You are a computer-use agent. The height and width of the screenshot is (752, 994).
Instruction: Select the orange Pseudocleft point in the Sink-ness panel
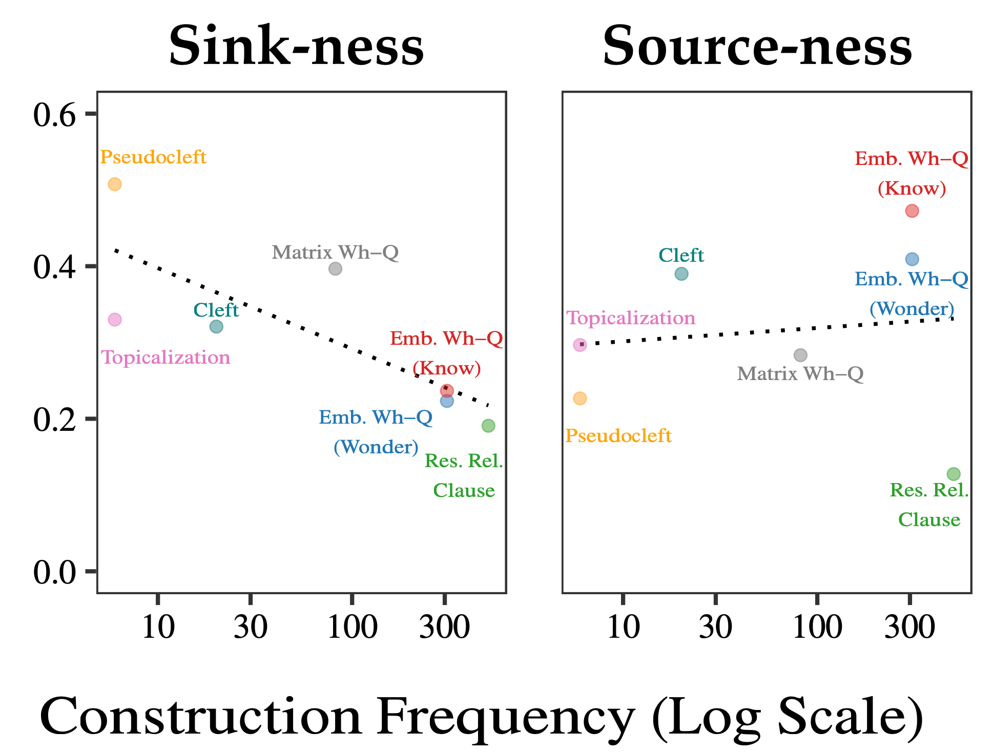point(115,184)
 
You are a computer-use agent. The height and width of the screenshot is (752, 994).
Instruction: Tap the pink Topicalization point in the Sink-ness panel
point(115,320)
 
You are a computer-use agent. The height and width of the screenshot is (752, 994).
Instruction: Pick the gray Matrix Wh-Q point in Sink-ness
point(335,269)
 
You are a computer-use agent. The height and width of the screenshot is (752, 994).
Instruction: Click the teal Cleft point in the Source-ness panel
point(681,274)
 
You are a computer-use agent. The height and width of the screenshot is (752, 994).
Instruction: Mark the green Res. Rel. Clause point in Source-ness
point(954,474)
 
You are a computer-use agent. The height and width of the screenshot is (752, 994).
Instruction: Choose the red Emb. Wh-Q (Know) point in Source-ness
point(912,211)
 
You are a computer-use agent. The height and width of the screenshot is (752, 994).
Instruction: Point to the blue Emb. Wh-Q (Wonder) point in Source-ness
point(912,260)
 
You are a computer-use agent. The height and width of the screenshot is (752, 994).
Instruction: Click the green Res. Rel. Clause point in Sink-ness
point(488,426)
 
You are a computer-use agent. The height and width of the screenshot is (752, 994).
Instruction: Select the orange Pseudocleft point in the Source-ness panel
point(580,399)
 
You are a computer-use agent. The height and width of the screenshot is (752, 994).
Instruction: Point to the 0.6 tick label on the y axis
point(54,115)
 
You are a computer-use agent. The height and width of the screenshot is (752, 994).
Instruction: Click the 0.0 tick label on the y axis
point(54,572)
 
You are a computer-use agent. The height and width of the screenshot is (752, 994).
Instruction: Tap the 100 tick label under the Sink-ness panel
point(353,627)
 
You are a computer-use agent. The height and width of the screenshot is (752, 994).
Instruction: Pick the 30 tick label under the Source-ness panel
point(715,627)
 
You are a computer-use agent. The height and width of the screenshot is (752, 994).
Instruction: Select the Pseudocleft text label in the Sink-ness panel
point(153,157)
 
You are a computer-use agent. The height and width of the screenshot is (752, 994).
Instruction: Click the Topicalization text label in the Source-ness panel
point(631,319)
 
